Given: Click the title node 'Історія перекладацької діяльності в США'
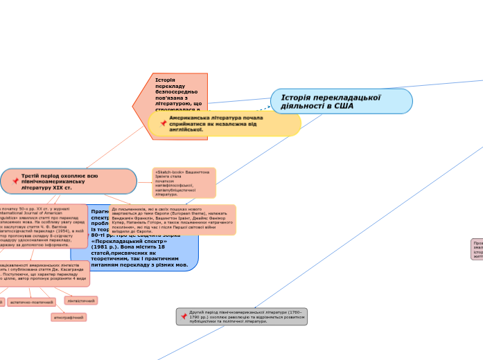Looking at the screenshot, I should click(x=342, y=101).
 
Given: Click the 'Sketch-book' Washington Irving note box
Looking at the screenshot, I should click(x=184, y=183).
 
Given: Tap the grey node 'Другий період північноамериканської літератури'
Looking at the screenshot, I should click(x=242, y=316).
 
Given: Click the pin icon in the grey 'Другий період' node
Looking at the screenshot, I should click(x=184, y=316).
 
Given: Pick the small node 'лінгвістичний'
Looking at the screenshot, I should click(x=80, y=300).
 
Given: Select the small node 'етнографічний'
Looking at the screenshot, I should click(x=69, y=317).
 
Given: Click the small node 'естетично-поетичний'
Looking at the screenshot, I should click(x=33, y=302).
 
